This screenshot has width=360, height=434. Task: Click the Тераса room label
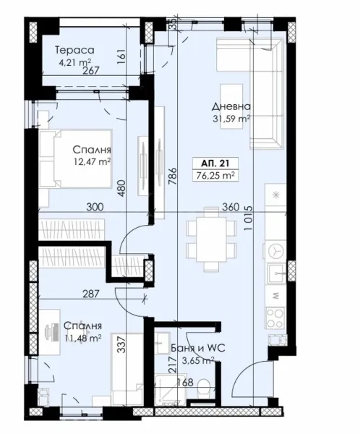tap(76, 51)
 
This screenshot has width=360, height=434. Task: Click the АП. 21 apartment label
tap(219, 161)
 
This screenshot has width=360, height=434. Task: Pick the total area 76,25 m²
tap(219, 174)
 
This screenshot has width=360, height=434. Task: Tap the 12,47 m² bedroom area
tap(91, 163)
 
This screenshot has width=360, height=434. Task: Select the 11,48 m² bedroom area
tap(82, 337)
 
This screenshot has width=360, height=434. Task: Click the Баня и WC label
tap(193, 348)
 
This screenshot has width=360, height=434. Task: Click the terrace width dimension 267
tap(91, 71)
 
